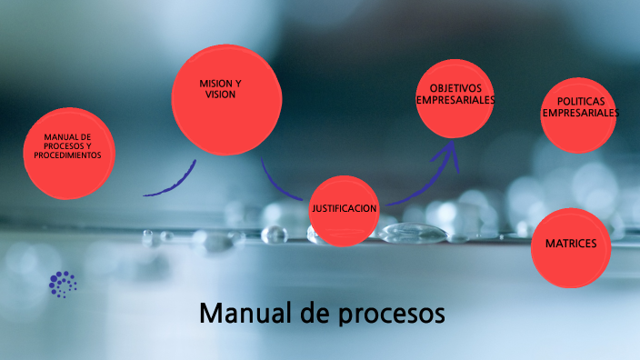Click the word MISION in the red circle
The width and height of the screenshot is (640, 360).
coord(215,84)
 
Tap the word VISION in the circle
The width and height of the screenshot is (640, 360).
coord(220,94)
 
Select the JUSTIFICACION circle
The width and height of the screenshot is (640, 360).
coord(344,210)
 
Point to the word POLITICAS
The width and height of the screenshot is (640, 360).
coord(580,103)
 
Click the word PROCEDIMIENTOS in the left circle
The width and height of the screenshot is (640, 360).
coord(67,155)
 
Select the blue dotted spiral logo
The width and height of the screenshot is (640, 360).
coord(63,285)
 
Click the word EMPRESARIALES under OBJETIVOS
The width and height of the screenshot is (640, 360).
coord(455,100)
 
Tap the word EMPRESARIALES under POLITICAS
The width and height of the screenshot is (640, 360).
coord(580,114)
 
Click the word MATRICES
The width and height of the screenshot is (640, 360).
coord(571,245)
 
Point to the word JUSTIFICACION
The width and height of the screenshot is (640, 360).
coord(344,209)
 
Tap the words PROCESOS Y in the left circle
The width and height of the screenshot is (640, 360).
coord(67,146)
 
